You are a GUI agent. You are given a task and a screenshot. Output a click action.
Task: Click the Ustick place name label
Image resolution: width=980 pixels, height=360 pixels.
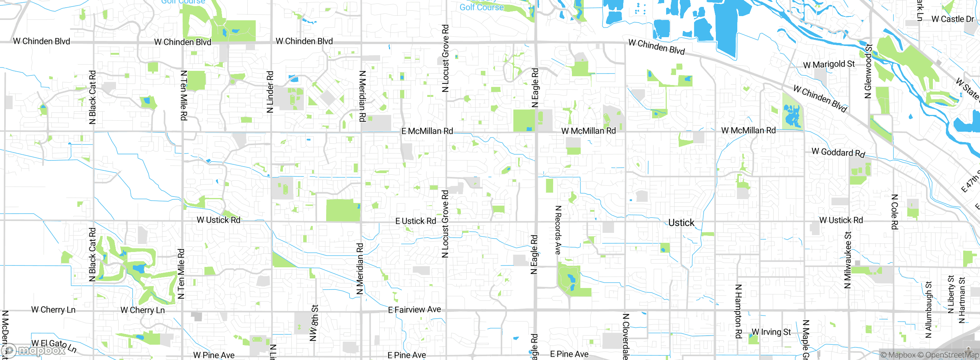681,223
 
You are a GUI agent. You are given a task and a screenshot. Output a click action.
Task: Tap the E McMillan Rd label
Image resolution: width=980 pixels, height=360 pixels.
427,131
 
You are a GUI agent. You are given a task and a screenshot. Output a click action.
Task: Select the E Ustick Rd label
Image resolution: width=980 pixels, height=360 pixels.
415,221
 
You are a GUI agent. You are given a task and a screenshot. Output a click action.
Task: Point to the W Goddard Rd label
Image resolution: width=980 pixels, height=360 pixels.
838,152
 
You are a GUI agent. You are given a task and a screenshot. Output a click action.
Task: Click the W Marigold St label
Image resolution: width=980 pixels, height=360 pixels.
829,64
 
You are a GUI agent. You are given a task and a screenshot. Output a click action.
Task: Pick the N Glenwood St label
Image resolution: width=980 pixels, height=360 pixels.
868,71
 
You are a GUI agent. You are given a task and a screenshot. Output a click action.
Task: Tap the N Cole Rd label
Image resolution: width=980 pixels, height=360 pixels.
894,212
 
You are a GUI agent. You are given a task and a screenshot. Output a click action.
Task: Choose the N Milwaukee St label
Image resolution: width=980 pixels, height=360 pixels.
848,260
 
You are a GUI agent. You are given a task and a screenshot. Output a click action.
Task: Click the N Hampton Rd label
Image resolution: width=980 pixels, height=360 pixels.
738,311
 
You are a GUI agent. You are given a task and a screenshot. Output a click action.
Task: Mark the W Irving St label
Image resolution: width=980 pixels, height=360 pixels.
771,332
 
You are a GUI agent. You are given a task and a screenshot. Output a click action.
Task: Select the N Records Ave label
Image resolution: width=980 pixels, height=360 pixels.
558,230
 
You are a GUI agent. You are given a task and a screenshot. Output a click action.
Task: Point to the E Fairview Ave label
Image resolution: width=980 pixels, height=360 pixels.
414,309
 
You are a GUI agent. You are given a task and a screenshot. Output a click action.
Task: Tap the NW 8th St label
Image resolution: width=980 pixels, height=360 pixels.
314,323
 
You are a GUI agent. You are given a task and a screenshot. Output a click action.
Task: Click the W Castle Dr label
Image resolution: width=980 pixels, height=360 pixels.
952,19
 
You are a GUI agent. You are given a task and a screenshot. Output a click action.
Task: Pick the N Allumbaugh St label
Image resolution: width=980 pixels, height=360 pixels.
928,310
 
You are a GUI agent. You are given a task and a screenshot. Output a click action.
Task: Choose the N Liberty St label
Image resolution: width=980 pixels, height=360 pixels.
951,294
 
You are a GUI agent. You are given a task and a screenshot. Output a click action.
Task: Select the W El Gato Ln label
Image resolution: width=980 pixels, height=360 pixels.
54,345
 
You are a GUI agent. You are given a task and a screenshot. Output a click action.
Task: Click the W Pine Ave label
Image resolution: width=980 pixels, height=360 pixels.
214,355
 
